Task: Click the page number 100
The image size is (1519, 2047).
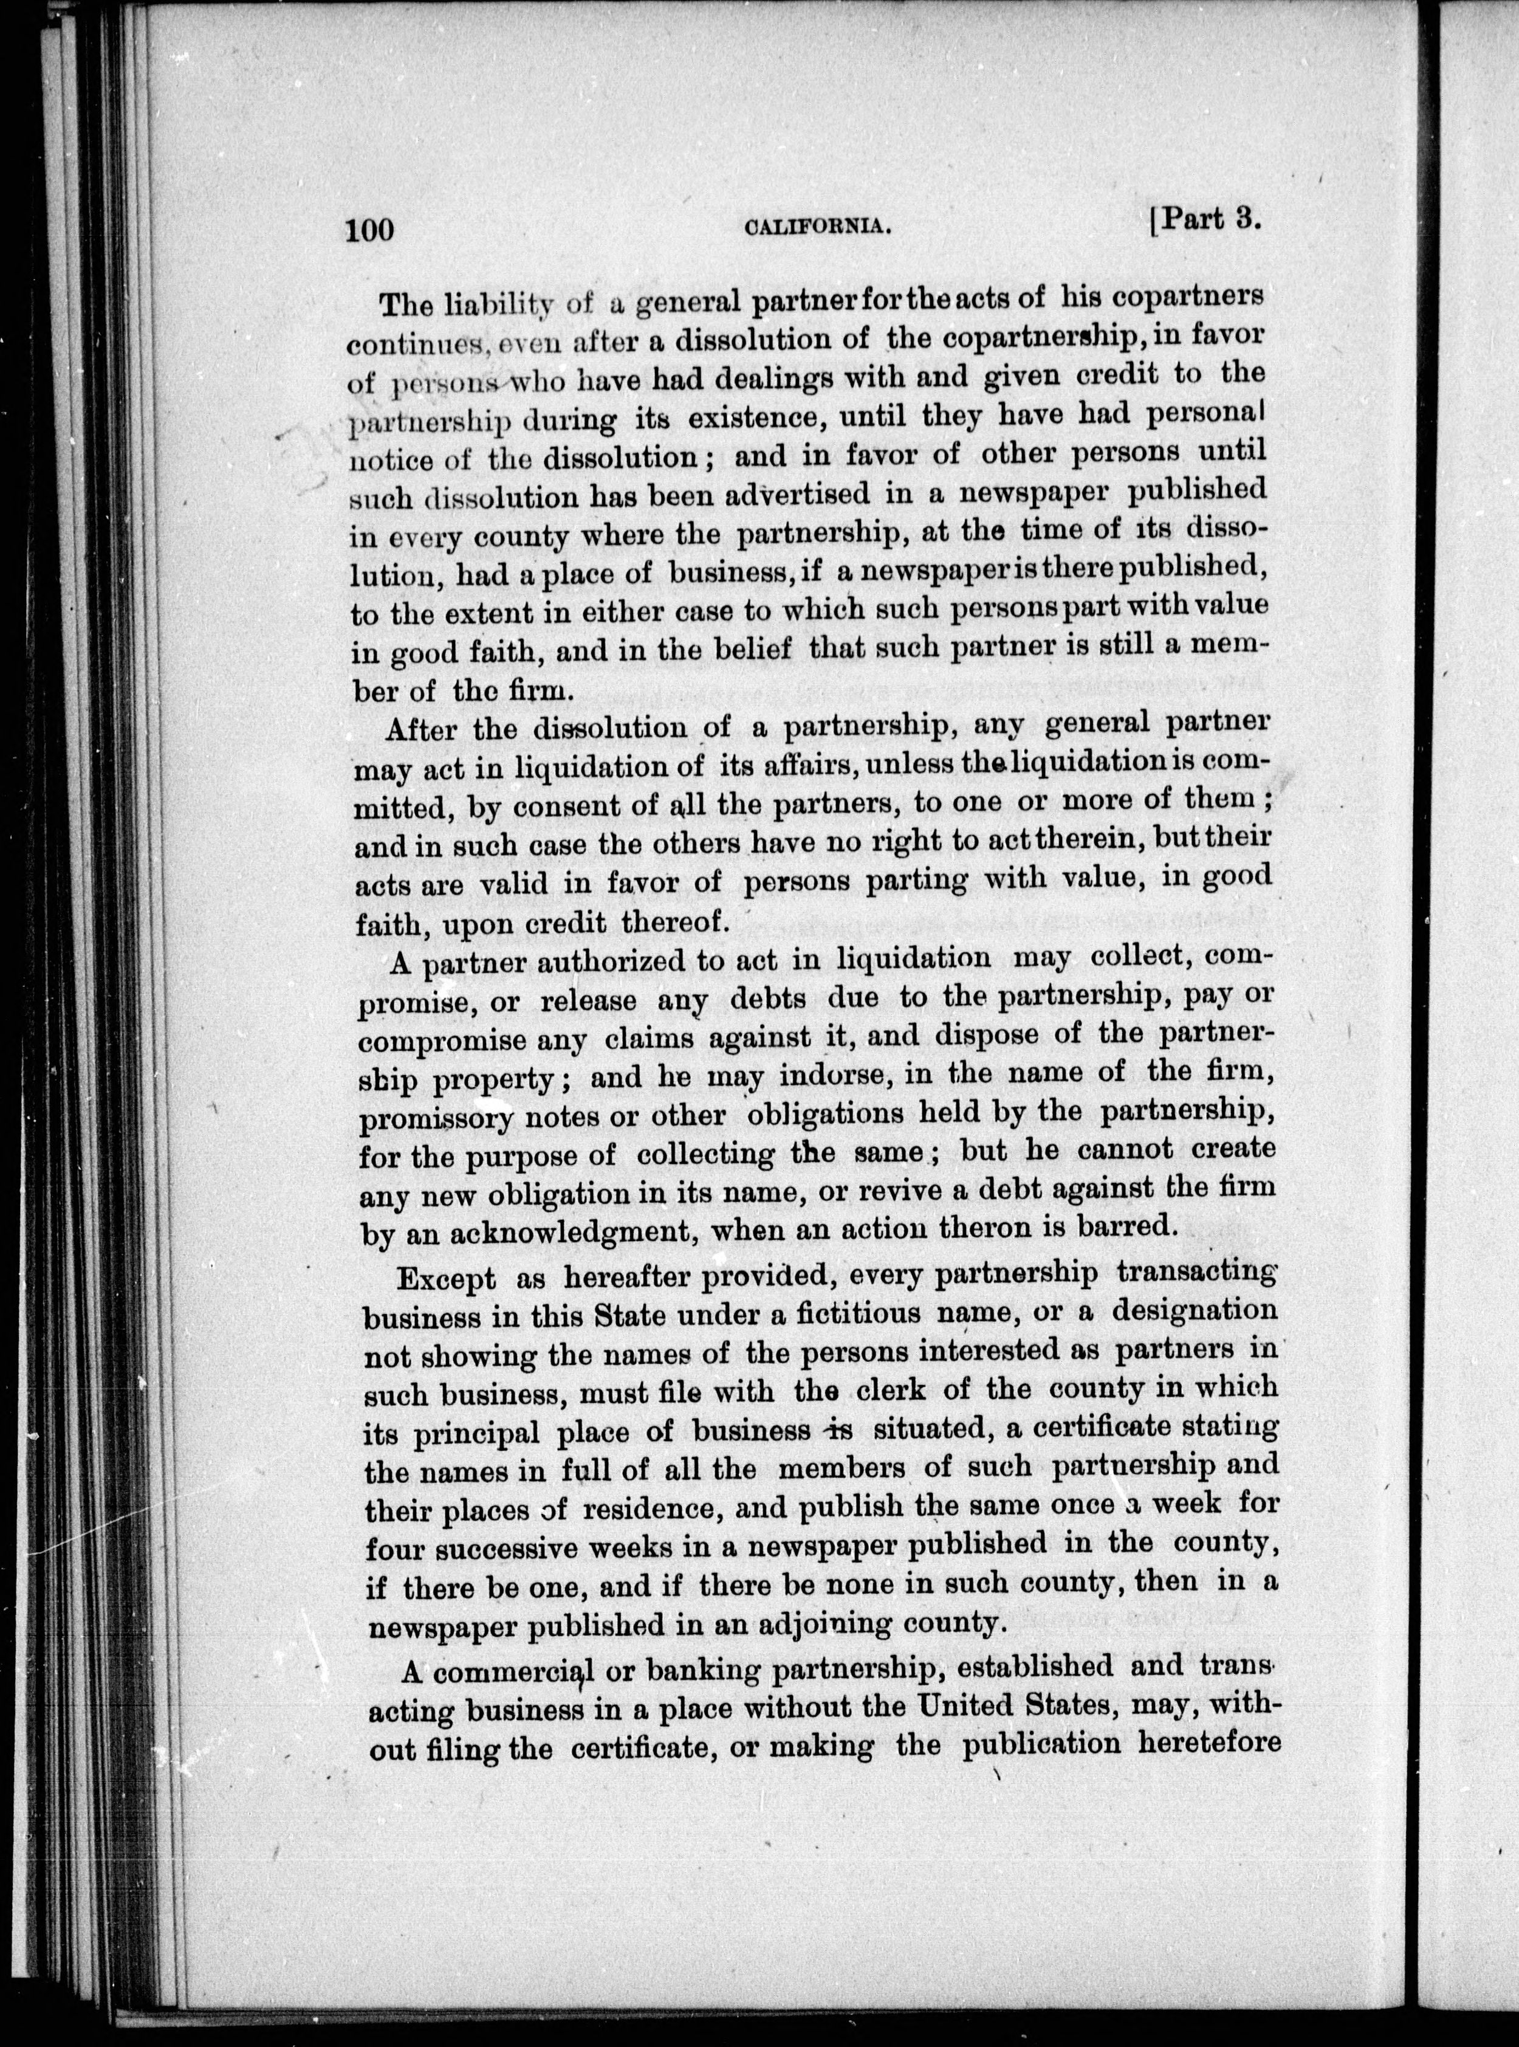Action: point(369,228)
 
